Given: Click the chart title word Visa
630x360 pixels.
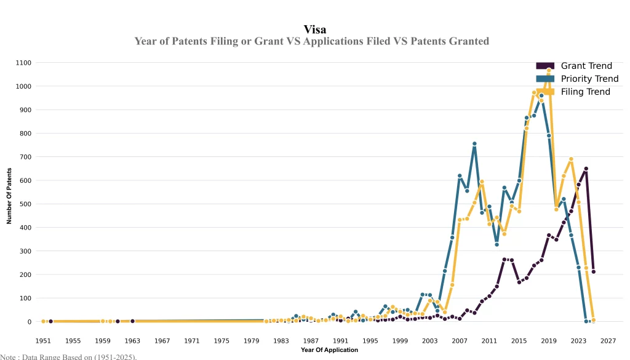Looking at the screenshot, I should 315,29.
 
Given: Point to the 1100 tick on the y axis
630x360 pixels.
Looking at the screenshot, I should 24,63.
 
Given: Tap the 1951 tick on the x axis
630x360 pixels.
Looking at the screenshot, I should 43,340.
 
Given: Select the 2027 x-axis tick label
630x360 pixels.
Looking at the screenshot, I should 608,340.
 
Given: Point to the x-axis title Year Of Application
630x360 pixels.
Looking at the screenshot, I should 329,350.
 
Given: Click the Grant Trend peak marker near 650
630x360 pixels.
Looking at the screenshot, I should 586,169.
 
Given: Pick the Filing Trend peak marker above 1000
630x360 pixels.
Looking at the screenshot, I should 549,71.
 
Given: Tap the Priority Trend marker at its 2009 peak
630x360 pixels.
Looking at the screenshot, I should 474,144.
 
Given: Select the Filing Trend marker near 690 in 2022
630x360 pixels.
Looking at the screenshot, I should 571,159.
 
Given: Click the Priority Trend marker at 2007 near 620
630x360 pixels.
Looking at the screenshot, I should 460,176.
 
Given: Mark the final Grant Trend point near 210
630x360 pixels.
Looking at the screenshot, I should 593,271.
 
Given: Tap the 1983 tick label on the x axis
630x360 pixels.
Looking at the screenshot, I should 281,340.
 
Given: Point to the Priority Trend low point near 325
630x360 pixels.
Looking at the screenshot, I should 496,245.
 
